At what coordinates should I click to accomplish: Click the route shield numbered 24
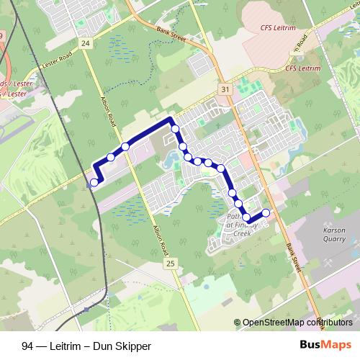[86, 43]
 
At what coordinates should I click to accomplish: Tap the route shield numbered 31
[226, 89]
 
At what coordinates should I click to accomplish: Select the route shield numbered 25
[170, 264]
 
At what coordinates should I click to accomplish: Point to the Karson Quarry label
[335, 234]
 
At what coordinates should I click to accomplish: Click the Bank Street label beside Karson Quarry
[292, 255]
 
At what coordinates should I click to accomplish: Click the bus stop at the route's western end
[94, 182]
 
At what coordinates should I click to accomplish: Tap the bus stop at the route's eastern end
[266, 212]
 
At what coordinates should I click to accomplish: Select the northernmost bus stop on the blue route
[175, 129]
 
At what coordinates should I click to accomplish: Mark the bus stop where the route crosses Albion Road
[125, 146]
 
